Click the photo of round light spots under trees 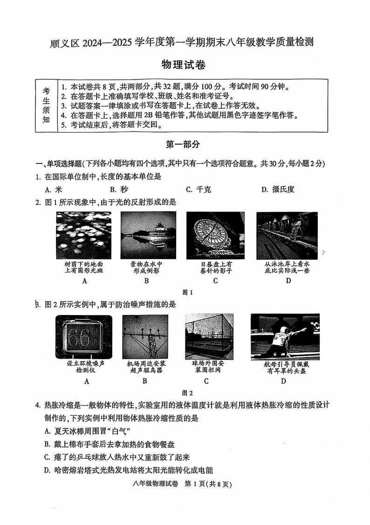pyautogui.click(x=84, y=235)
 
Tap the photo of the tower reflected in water pyautogui.click(x=148, y=235)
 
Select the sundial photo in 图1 pyautogui.click(x=215, y=235)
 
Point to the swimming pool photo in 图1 pyautogui.click(x=287, y=235)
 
